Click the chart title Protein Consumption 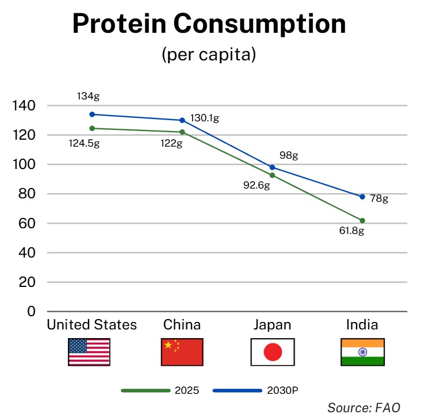click(209, 24)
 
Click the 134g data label click(89, 96)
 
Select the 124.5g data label click(84, 143)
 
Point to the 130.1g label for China click(205, 118)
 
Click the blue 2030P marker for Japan click(273, 167)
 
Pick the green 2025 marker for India click(362, 220)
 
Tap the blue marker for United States click(92, 114)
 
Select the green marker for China click(182, 132)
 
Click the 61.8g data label click(351, 231)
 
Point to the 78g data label click(379, 199)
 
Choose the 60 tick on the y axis click(28, 224)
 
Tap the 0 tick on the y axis click(32, 312)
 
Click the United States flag click(89, 352)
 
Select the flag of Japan click(273, 352)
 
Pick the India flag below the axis click(362, 352)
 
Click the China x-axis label click(182, 325)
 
